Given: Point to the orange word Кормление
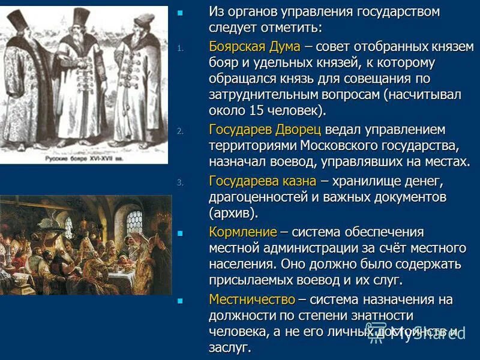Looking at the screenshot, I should pos(243,232).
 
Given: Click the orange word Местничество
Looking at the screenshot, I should pos(251,299).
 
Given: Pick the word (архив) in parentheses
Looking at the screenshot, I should pos(233,213).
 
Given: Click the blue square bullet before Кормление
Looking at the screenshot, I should pos(180,232).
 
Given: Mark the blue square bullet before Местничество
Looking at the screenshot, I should pos(180,299).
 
